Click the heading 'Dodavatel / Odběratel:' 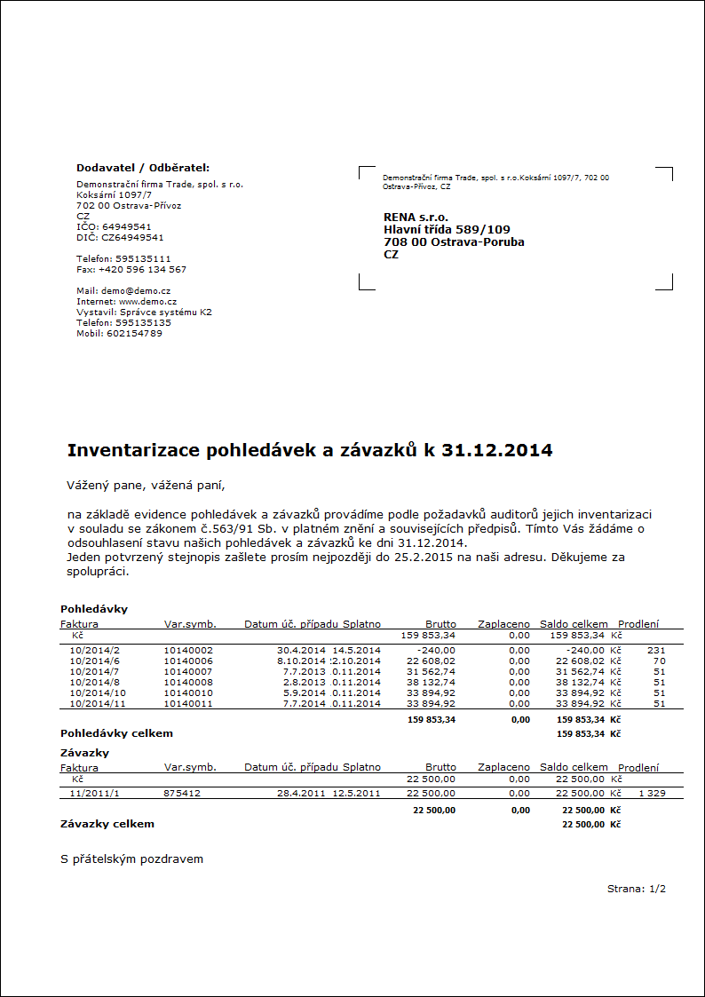[143, 167]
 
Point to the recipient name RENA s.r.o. [416, 217]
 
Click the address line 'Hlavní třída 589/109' [447, 229]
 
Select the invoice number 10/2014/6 [94, 661]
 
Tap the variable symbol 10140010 [188, 692]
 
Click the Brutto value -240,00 [436, 650]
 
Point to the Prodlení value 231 [656, 650]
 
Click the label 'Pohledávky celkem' [116, 733]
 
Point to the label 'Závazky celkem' [107, 824]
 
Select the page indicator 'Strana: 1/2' [636, 888]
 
